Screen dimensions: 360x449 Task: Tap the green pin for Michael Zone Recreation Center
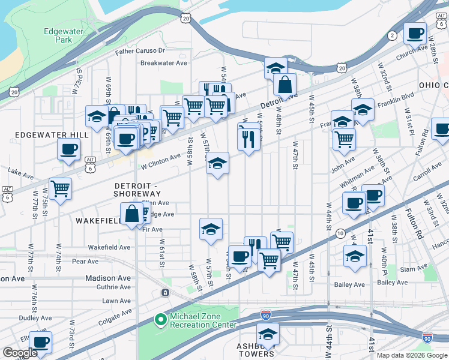[160, 320]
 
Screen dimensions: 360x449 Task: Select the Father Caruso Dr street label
[140, 52]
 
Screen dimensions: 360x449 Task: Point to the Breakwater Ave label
[160, 63]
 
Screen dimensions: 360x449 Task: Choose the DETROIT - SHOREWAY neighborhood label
[138, 189]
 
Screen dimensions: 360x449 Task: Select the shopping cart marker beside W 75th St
[60, 189]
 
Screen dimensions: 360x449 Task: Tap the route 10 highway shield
[340, 232]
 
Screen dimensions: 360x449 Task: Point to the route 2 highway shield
[393, 36]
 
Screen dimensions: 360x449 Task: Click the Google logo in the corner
[20, 353]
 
